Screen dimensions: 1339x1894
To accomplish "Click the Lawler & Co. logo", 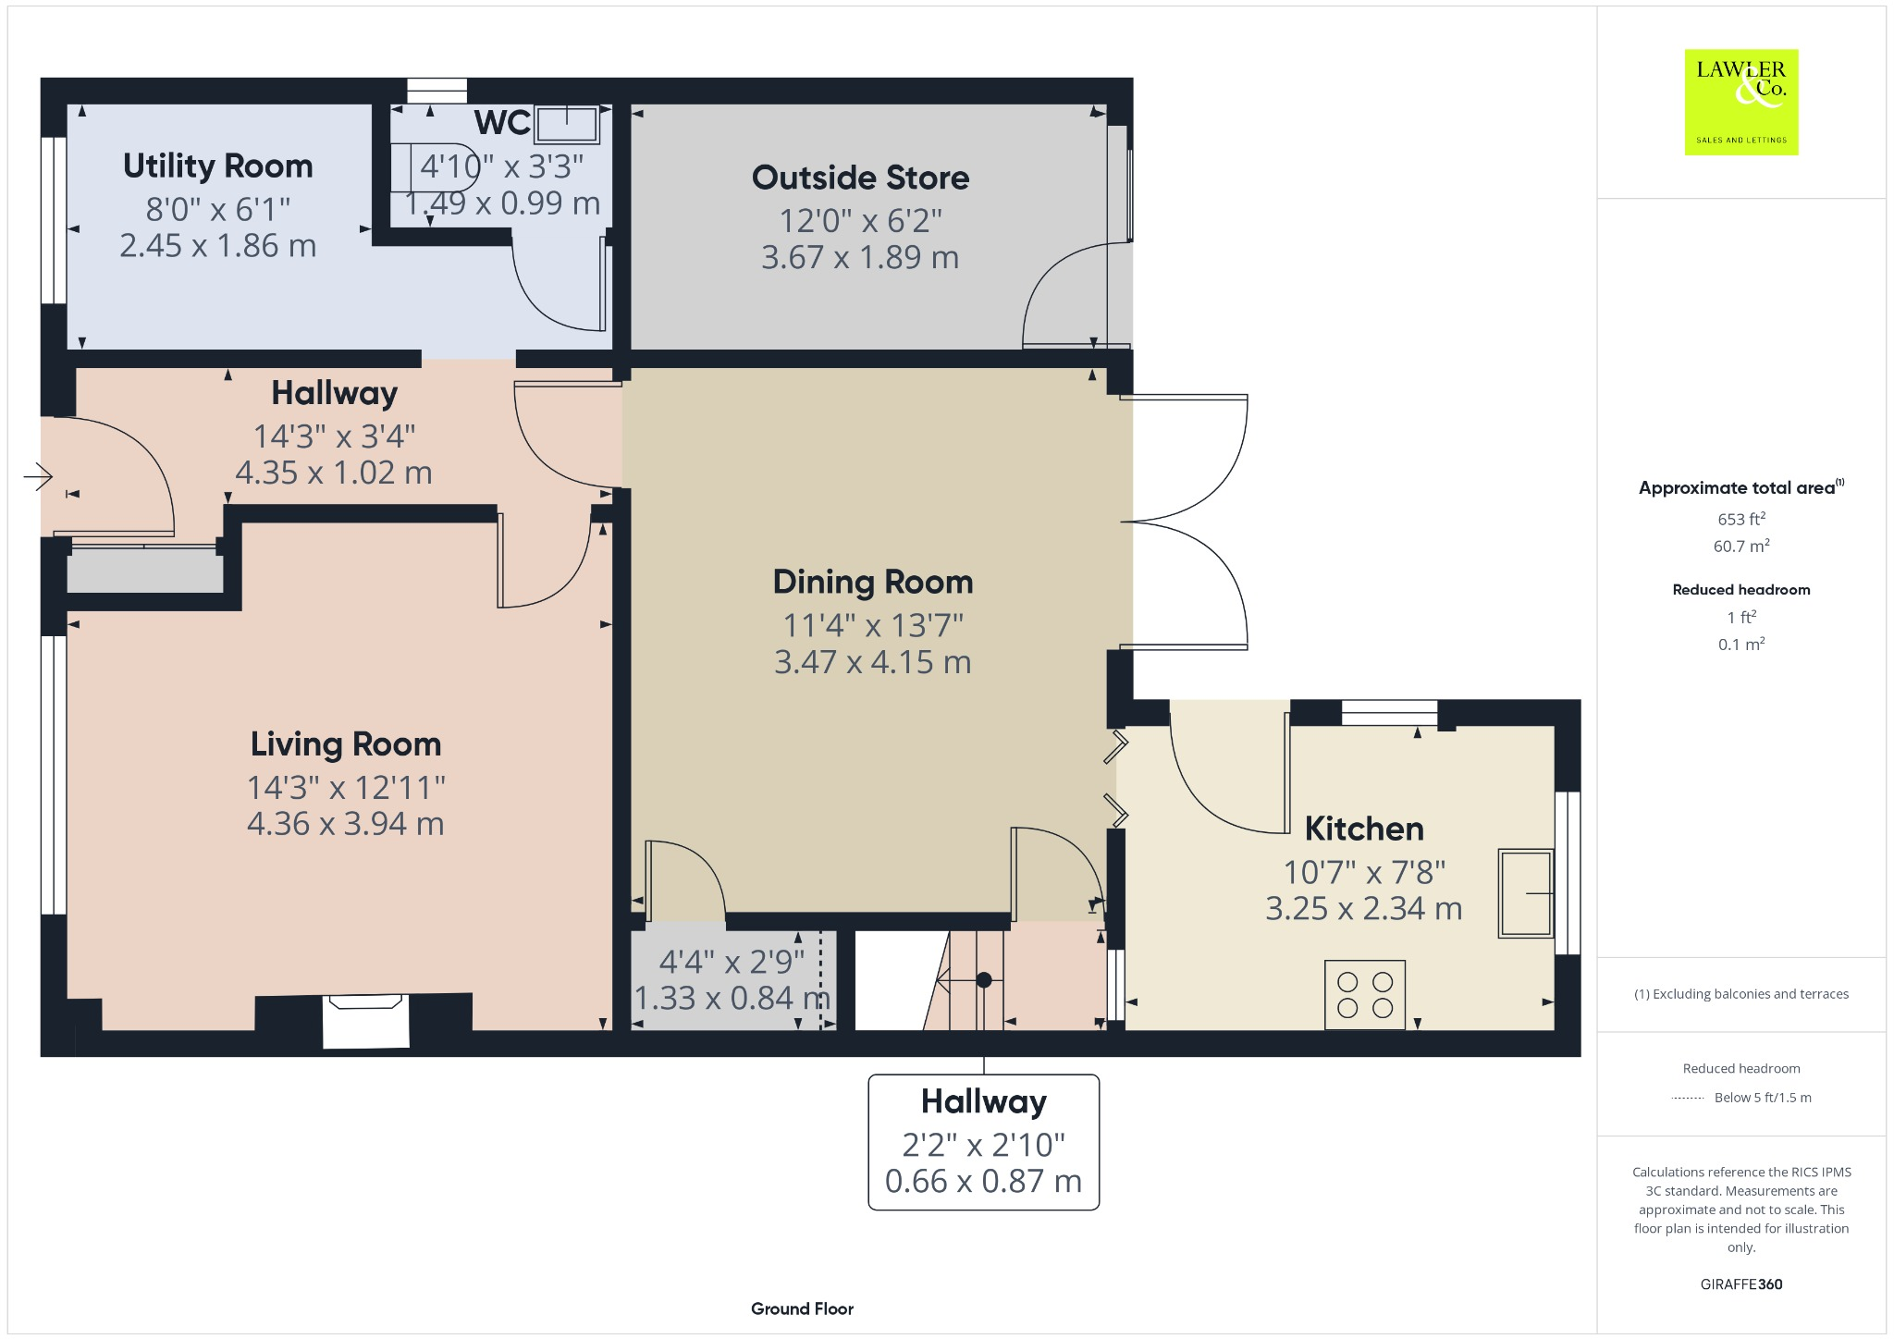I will point(1740,102).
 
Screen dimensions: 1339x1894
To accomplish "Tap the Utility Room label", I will point(218,166).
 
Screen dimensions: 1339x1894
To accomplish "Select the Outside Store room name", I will point(860,178).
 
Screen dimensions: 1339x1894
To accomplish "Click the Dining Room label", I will point(872,582).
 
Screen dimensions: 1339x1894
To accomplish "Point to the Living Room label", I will point(346,744).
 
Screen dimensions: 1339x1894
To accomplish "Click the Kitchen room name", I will point(1364,829).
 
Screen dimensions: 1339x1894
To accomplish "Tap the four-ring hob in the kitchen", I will point(1364,995).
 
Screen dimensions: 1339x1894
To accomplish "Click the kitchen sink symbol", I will point(1525,893).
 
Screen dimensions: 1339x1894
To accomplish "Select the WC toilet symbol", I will point(435,167).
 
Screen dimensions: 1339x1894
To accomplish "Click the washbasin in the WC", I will point(567,123).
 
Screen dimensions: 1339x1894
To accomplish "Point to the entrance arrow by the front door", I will point(38,476).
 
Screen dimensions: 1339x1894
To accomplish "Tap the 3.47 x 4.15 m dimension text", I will point(872,662).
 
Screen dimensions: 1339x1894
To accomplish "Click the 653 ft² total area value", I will point(1740,519).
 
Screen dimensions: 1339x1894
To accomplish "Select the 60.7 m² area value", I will point(1740,546).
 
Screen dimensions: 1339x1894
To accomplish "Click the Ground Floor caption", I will point(802,1308).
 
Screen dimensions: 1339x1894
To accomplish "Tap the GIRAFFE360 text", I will point(1740,1284).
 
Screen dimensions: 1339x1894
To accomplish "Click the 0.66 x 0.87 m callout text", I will point(983,1181).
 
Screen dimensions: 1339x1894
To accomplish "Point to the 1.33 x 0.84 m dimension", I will point(732,998).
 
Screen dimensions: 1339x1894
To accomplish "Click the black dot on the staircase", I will point(984,979).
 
